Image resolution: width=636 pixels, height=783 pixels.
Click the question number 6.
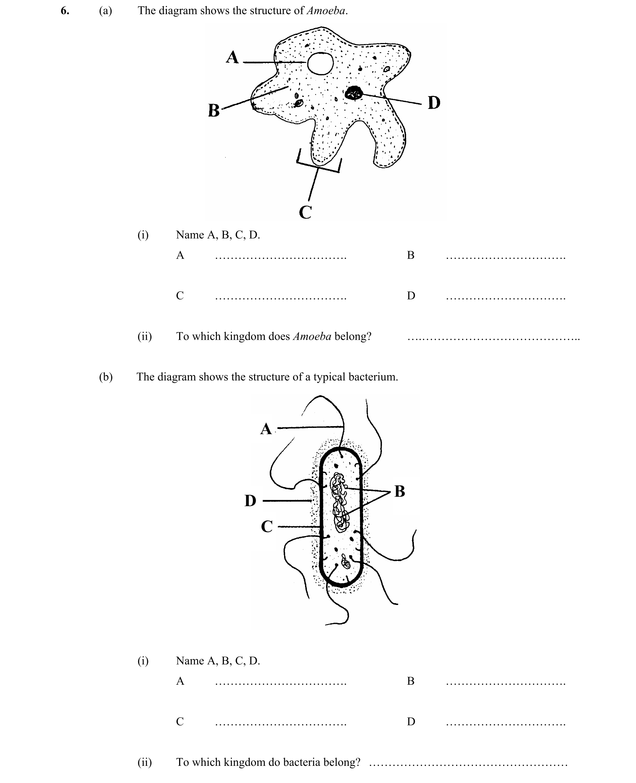(65, 11)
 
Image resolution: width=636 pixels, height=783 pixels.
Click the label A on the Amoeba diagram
(232, 57)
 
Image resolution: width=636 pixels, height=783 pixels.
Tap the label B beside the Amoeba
(214, 110)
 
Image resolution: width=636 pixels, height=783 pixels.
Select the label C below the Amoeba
(305, 212)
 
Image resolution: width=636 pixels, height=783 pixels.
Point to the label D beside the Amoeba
(434, 103)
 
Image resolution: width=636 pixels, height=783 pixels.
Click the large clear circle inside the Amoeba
(320, 64)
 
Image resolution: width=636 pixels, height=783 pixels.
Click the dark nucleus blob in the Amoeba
(354, 93)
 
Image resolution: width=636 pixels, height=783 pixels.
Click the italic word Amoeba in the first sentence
(326, 10)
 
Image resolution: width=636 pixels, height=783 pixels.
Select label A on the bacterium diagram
(266, 429)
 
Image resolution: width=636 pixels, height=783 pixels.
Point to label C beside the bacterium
(267, 527)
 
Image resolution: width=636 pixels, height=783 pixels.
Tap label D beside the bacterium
(250, 501)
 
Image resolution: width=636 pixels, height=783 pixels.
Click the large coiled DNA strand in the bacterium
(340, 502)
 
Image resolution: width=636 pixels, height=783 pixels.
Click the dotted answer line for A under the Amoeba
(281, 258)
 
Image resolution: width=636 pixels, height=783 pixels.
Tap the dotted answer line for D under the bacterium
(506, 724)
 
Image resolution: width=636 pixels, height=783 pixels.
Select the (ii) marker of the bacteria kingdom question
(144, 762)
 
